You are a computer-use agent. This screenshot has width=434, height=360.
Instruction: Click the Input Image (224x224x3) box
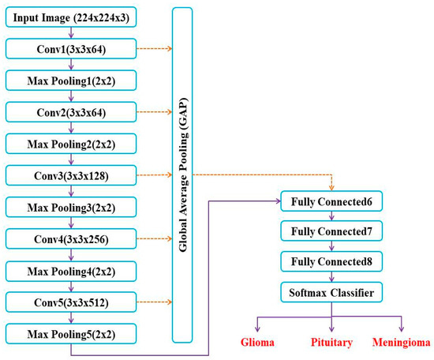click(71, 17)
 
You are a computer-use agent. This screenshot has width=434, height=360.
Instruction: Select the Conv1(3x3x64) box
click(71, 49)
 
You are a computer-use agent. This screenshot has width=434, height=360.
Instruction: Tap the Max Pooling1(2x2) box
click(71, 80)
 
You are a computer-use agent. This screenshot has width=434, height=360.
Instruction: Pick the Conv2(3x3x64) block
click(71, 112)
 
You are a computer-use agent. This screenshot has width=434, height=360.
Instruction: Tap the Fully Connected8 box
click(331, 261)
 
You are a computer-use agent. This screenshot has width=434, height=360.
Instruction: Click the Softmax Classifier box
click(331, 293)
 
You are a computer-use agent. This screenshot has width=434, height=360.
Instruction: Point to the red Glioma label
click(257, 343)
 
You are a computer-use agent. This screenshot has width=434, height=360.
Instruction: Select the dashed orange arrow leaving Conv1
click(154, 49)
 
